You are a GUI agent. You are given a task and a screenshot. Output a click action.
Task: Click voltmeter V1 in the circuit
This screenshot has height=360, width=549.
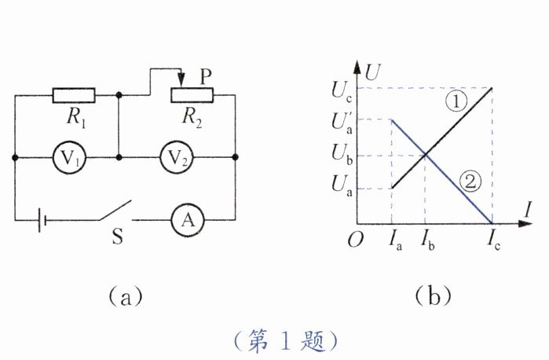pyautogui.click(x=67, y=159)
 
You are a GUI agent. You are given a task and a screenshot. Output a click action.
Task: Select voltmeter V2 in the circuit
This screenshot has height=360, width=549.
pyautogui.click(x=177, y=159)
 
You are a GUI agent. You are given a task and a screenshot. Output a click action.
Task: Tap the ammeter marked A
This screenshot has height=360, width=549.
pyautogui.click(x=187, y=222)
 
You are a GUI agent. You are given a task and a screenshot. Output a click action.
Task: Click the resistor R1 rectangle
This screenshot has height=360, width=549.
pyautogui.click(x=74, y=96)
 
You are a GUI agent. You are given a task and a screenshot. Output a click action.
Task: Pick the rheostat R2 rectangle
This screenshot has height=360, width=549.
pyautogui.click(x=192, y=96)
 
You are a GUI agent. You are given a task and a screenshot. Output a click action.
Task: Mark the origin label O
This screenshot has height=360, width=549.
pyautogui.click(x=355, y=240)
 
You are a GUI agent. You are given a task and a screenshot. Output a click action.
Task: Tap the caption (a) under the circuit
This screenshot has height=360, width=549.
pyautogui.click(x=124, y=296)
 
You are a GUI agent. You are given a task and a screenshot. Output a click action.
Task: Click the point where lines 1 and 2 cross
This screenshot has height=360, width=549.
pyautogui.click(x=425, y=154)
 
